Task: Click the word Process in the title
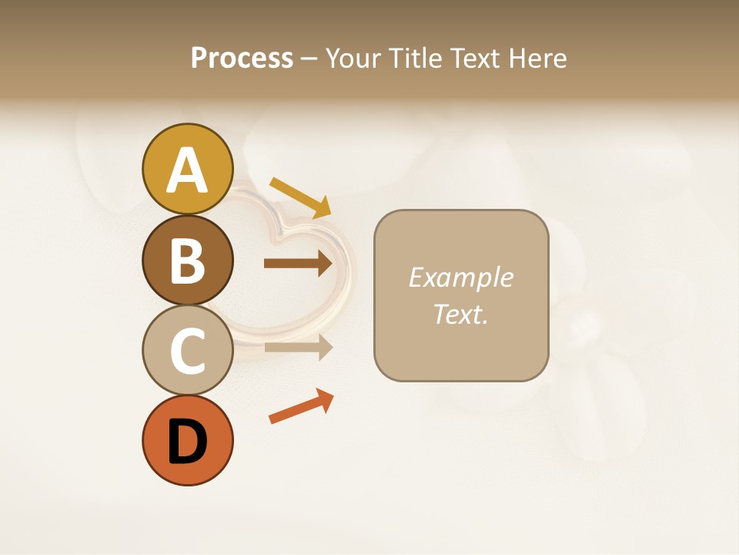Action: point(242,58)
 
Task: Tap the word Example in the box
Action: point(460,277)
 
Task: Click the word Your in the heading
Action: point(351,59)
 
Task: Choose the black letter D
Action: point(187,442)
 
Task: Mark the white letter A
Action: point(187,170)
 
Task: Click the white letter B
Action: point(187,261)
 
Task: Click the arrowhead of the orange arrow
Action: point(326,399)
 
